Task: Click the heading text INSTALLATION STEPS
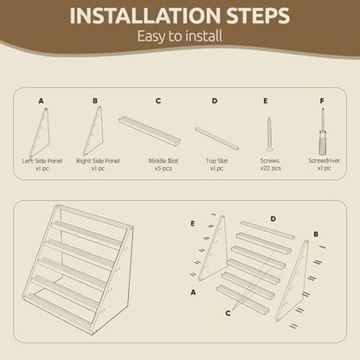180,16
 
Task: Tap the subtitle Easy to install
180,36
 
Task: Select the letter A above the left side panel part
41,101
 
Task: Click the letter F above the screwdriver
322,101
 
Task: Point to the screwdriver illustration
323,132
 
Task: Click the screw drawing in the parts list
269,134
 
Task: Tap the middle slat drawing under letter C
149,130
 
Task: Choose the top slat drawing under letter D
216,138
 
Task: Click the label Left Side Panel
42,161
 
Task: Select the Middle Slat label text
164,161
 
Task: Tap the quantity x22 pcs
270,168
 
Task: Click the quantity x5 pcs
164,168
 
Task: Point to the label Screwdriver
324,161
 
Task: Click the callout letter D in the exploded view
273,219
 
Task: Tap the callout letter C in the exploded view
228,313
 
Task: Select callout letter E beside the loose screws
193,223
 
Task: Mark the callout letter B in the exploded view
316,235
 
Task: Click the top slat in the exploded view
267,230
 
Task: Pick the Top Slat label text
216,161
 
